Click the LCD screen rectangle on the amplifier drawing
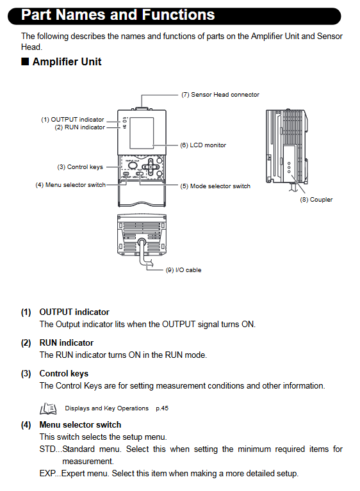coord(142,133)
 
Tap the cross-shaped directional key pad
coord(151,166)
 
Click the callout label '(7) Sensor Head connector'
coord(220,95)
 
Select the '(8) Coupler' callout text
coord(316,200)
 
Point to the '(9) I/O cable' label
coord(183,270)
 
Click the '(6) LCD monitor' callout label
coord(203,145)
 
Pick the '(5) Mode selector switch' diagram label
coord(215,186)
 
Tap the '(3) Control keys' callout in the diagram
coord(80,167)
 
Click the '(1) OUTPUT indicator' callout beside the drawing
coord(72,120)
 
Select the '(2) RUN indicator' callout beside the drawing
coord(79,127)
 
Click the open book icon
coord(48,408)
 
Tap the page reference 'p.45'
coord(162,408)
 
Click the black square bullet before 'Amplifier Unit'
coord(25,61)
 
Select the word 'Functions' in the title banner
coord(178,15)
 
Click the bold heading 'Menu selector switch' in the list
coord(80,424)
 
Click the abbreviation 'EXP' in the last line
coord(47,473)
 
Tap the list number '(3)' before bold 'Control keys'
coord(26,374)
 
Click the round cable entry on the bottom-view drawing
coord(142,242)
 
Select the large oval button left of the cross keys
coord(133,165)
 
